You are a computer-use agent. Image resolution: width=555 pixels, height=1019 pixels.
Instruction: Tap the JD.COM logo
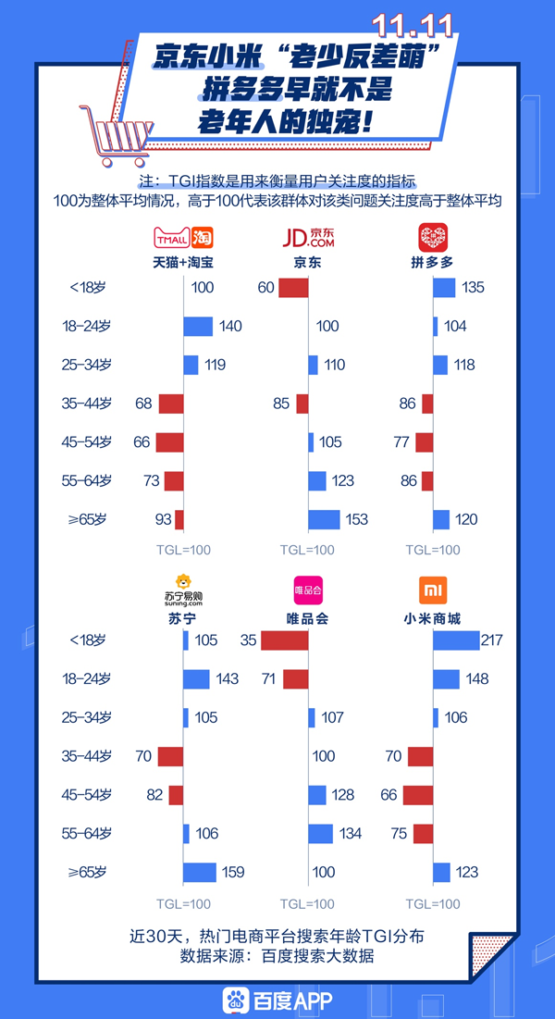[308, 238]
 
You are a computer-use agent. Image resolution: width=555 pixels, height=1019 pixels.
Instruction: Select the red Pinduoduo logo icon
[432, 237]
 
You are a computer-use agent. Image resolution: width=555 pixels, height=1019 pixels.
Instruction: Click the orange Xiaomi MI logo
[433, 590]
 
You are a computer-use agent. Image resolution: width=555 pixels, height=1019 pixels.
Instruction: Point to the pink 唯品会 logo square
[308, 590]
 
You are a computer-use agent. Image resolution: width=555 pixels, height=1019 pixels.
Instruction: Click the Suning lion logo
[183, 586]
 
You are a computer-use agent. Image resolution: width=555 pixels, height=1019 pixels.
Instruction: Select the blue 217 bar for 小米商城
[456, 640]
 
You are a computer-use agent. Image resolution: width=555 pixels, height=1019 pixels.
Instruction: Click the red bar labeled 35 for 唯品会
[285, 640]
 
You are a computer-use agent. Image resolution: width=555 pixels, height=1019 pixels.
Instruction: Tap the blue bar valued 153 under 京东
[324, 519]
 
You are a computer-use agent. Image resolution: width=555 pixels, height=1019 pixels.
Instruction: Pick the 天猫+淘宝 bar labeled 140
[198, 326]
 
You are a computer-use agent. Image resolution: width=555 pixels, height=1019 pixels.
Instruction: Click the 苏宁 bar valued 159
[200, 872]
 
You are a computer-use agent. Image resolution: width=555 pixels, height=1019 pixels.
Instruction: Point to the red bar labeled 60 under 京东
[293, 288]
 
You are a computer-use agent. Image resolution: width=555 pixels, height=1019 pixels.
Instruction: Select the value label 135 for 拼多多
[473, 288]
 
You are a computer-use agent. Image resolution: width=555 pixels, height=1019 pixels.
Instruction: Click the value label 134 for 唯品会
[349, 834]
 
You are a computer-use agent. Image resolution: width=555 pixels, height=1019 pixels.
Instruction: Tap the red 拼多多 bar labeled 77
[424, 442]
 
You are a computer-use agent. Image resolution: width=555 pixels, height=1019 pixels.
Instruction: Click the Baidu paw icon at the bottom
[235, 1000]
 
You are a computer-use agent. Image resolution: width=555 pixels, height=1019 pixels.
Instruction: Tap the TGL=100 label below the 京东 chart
[308, 550]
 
